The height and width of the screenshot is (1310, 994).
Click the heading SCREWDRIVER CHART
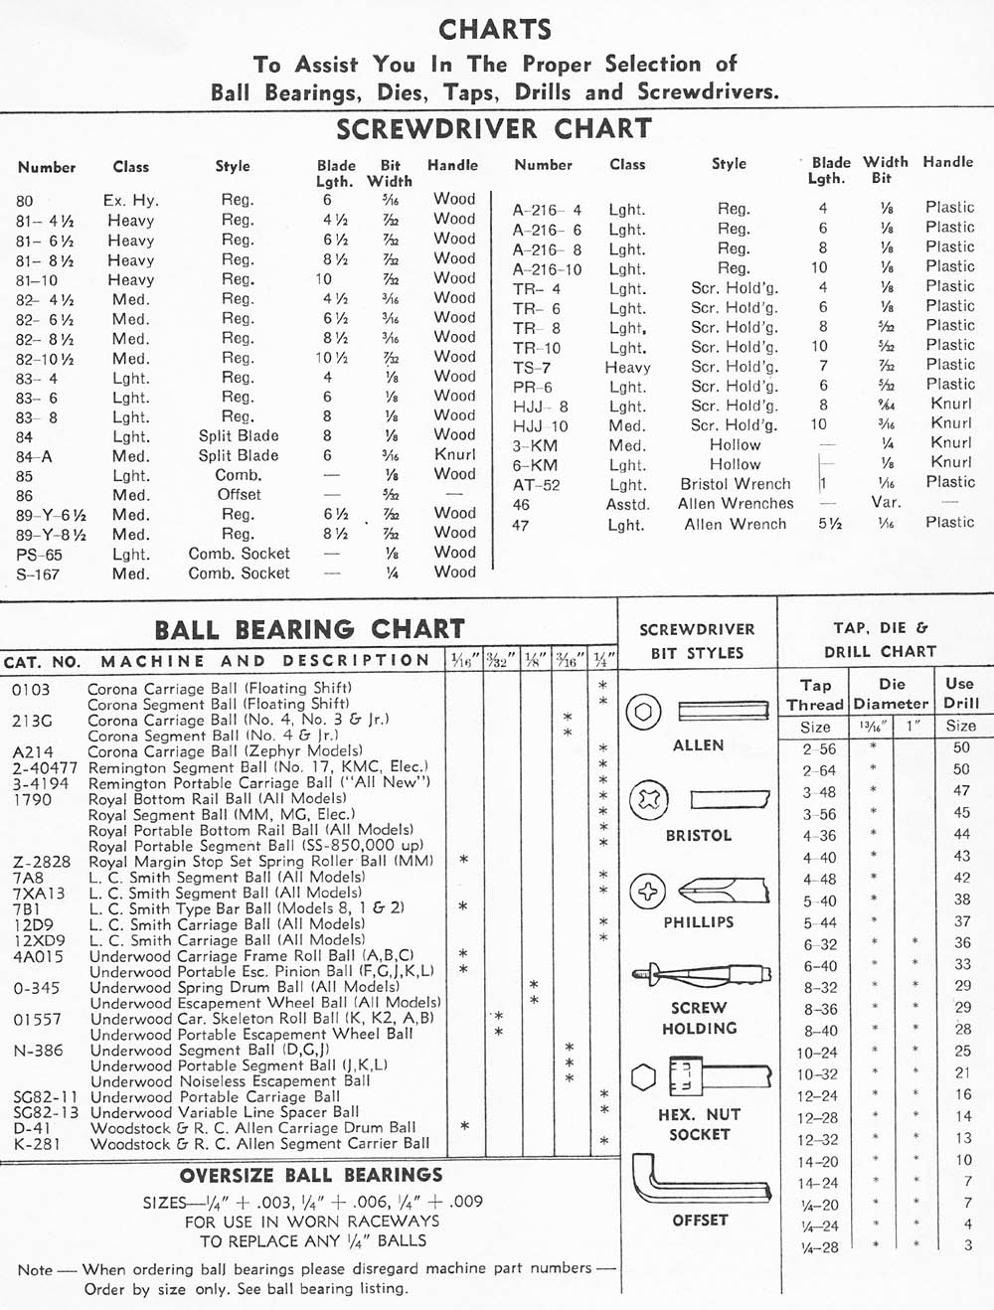493,129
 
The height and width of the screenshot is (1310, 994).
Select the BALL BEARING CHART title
309,629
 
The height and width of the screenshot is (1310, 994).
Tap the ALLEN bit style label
698,745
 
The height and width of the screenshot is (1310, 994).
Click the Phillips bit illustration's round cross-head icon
647,891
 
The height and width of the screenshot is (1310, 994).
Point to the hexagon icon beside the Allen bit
644,712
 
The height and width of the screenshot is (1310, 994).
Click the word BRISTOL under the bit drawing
698,836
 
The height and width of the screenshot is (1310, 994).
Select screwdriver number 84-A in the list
34,456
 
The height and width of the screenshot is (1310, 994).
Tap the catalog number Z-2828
42,862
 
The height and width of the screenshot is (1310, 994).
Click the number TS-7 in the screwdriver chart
532,367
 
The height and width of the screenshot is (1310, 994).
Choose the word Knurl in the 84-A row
454,454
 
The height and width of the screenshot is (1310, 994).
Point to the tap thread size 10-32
817,1074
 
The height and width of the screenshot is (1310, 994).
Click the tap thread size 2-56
820,749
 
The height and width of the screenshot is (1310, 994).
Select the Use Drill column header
960,693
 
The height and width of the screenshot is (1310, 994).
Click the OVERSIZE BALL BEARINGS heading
311,1176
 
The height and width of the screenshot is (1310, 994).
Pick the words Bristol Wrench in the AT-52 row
736,484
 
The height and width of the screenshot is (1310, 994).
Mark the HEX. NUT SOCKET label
699,1124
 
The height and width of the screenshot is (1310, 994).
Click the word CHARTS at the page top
495,30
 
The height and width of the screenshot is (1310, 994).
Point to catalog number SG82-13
45,1112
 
